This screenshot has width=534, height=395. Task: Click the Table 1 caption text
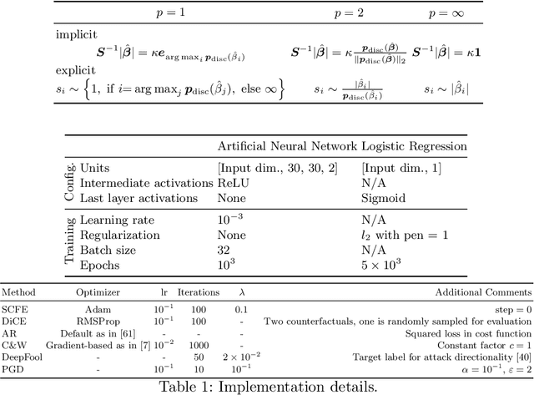[x=267, y=385]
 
